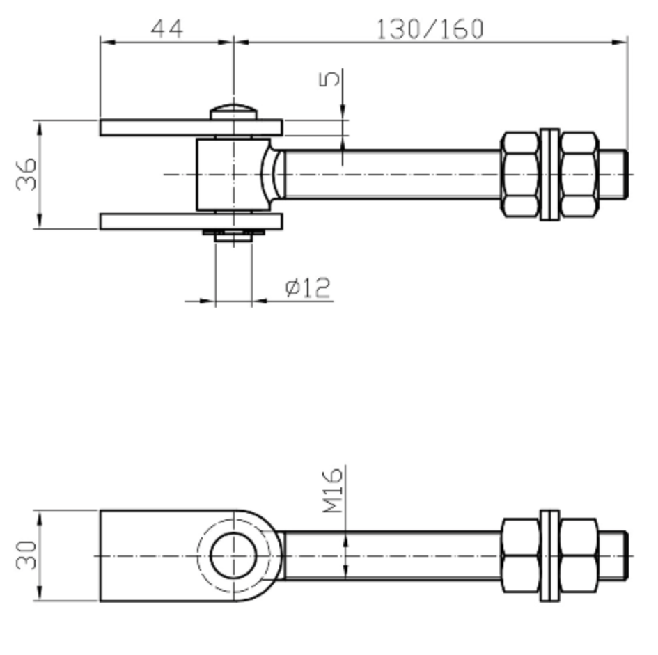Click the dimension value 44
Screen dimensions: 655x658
tap(167, 29)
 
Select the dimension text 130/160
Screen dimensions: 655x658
tap(430, 29)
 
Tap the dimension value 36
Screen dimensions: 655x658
tap(26, 174)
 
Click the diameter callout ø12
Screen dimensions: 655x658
tap(308, 287)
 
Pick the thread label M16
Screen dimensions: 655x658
tap(334, 491)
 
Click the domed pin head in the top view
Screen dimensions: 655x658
tap(234, 112)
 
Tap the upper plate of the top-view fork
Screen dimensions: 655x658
tap(190, 127)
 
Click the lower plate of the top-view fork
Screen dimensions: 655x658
tap(190, 221)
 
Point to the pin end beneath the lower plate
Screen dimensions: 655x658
tap(233, 237)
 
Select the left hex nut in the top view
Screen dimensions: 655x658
tap(519, 174)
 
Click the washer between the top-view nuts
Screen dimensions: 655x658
tap(549, 174)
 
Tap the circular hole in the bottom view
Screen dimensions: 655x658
tap(233, 556)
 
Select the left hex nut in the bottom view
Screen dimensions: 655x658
tap(519, 556)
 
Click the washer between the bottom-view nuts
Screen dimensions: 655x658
tap(549, 556)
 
